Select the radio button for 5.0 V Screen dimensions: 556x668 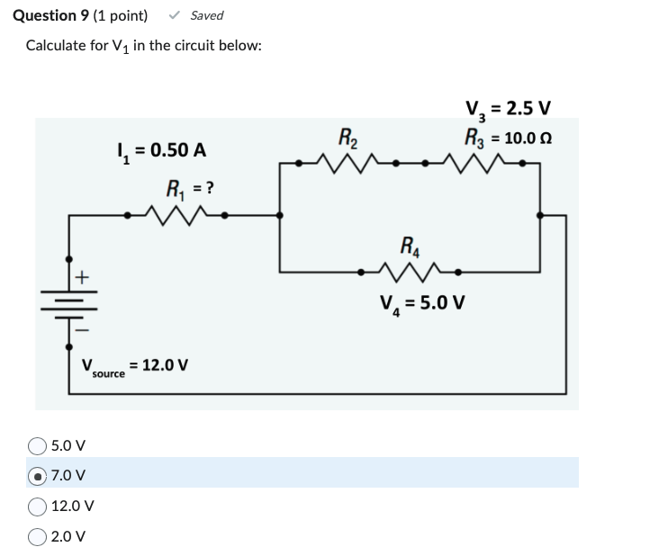(x=38, y=445)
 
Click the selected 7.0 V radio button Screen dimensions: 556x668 (x=38, y=475)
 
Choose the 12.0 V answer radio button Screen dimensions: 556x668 (x=38, y=506)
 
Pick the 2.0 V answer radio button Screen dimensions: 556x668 (x=38, y=536)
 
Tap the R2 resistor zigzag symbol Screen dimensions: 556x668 (x=347, y=164)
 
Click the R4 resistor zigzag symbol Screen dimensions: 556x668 (x=408, y=269)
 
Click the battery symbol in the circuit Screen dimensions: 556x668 (x=69, y=304)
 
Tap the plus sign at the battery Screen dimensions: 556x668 (x=81, y=278)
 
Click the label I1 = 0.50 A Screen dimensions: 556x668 (x=161, y=150)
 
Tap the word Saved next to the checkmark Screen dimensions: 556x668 (x=207, y=15)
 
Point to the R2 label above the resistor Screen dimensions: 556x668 (x=347, y=138)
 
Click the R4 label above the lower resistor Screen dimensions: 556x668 (x=409, y=243)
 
